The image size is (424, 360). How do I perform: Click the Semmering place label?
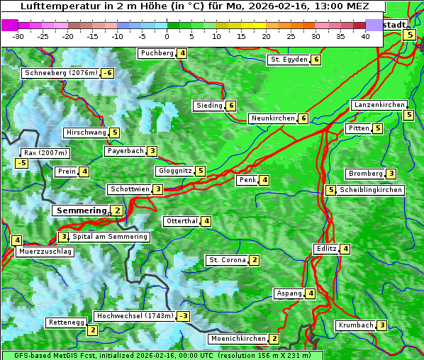tap(81, 210)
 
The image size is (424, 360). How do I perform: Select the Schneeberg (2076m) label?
tap(60, 73)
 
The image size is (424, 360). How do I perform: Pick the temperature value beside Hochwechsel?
tap(184, 316)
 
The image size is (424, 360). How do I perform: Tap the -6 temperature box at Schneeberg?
tap(108, 73)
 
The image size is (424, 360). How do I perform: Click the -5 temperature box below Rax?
tap(22, 164)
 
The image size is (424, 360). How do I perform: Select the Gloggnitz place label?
tap(174, 171)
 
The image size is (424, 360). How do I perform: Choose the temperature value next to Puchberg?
tap(182, 53)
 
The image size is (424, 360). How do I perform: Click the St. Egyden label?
tap(289, 60)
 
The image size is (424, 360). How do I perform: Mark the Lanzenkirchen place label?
tap(379, 105)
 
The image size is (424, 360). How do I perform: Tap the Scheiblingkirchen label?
tap(371, 190)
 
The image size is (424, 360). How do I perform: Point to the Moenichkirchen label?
tap(238, 339)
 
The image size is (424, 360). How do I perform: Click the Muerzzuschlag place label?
tap(45, 252)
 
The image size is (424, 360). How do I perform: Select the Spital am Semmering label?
tap(110, 237)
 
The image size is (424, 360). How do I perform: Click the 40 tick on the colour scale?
tap(365, 36)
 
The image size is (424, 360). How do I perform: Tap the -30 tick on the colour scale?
tap(18, 36)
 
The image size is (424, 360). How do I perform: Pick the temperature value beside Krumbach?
tap(382, 325)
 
